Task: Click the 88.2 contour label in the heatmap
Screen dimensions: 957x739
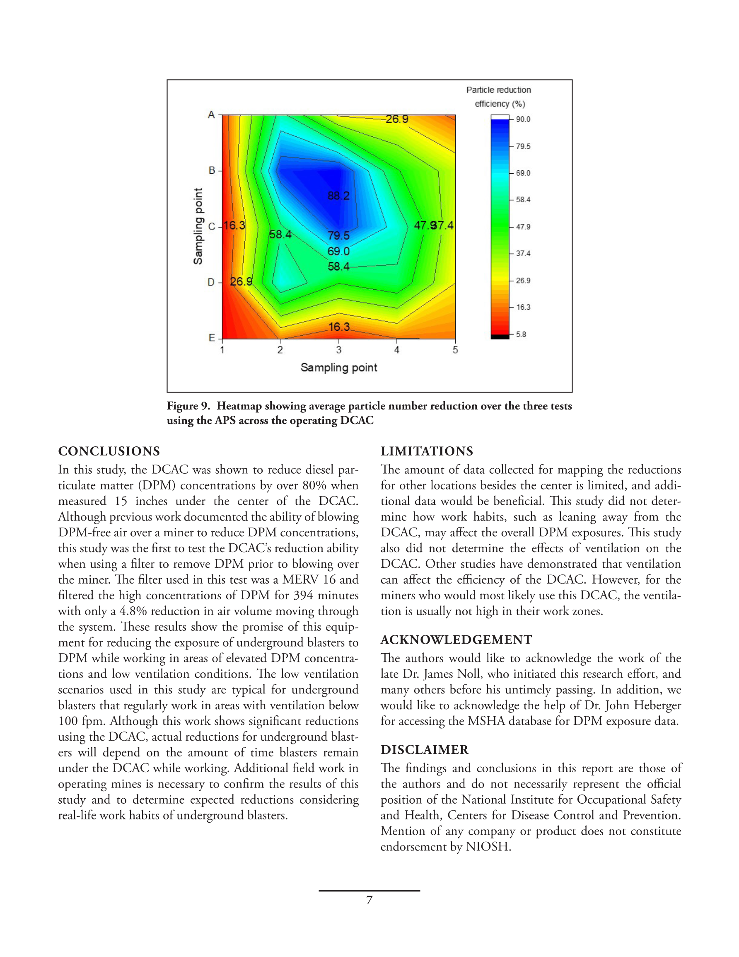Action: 338,196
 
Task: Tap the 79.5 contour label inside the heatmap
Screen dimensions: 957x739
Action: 338,235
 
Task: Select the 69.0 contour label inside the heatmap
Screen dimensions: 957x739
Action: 338,252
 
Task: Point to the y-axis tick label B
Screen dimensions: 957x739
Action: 212,170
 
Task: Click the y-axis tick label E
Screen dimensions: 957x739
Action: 212,338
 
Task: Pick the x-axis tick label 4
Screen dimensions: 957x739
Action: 397,350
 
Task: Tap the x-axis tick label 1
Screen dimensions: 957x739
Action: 222,350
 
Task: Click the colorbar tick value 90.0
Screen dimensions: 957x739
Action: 523,119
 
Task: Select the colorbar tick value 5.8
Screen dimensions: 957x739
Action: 521,334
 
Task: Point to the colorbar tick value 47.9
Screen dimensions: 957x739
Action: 523,227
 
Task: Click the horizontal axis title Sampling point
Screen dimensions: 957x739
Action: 338,368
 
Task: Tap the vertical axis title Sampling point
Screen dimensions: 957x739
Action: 198,226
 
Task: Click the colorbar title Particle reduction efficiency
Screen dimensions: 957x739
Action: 499,97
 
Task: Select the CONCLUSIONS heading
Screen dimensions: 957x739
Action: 109,451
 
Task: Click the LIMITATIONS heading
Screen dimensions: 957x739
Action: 427,451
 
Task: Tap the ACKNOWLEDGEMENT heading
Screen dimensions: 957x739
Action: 456,640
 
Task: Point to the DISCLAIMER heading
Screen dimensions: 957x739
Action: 425,750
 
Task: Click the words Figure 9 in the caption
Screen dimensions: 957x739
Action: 188,406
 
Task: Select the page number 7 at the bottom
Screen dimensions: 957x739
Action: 369,900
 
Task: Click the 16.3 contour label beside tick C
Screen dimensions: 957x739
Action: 234,225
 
